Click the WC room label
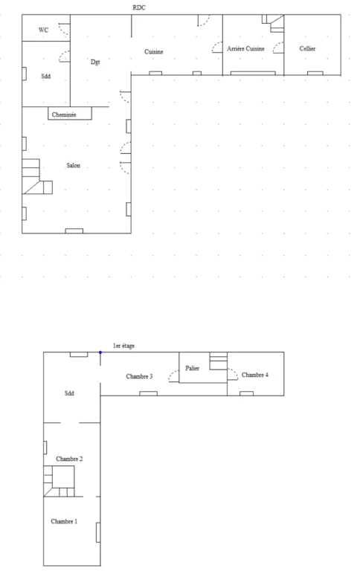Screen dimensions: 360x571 tap(43, 30)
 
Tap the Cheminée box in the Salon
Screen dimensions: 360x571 tap(70, 113)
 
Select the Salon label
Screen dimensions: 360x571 tap(73, 165)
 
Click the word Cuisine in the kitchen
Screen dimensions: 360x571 tap(154, 52)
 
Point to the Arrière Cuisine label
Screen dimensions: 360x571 tap(245, 48)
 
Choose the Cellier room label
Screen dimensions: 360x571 tap(307, 48)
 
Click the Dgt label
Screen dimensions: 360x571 tap(95, 62)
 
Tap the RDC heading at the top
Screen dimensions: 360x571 tap(139, 7)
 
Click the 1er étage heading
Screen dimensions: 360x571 tap(123, 346)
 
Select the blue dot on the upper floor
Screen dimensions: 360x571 tap(100, 352)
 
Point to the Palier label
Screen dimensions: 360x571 tap(192, 368)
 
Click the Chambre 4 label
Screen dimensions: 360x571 tap(255, 375)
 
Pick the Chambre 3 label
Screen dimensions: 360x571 tap(139, 376)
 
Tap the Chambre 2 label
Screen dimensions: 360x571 tap(69, 459)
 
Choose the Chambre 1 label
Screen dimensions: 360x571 tap(64, 521)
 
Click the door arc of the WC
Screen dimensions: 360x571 tap(65, 29)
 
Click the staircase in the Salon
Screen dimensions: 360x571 tap(36, 176)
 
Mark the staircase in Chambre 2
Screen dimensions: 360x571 tap(59, 482)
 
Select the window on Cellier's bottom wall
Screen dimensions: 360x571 tap(315, 73)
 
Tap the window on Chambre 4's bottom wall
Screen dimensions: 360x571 tap(247, 393)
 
